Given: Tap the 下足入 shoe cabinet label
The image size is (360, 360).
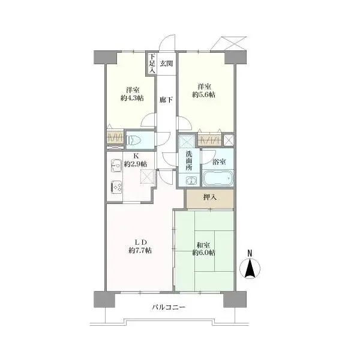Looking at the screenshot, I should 152,63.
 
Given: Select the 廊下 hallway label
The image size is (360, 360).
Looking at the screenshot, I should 166,100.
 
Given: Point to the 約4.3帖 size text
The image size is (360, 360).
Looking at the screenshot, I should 131,98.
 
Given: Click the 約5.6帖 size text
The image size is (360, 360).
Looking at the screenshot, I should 205,94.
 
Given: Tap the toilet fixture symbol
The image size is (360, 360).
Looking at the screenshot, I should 135,140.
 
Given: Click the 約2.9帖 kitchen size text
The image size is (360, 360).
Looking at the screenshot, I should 136,164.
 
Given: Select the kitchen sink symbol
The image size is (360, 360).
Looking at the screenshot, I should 115,165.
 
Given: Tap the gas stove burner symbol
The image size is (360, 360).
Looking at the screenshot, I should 116,188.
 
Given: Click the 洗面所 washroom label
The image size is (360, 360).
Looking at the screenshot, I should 188,161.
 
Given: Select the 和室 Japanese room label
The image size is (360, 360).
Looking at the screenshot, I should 203,244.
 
